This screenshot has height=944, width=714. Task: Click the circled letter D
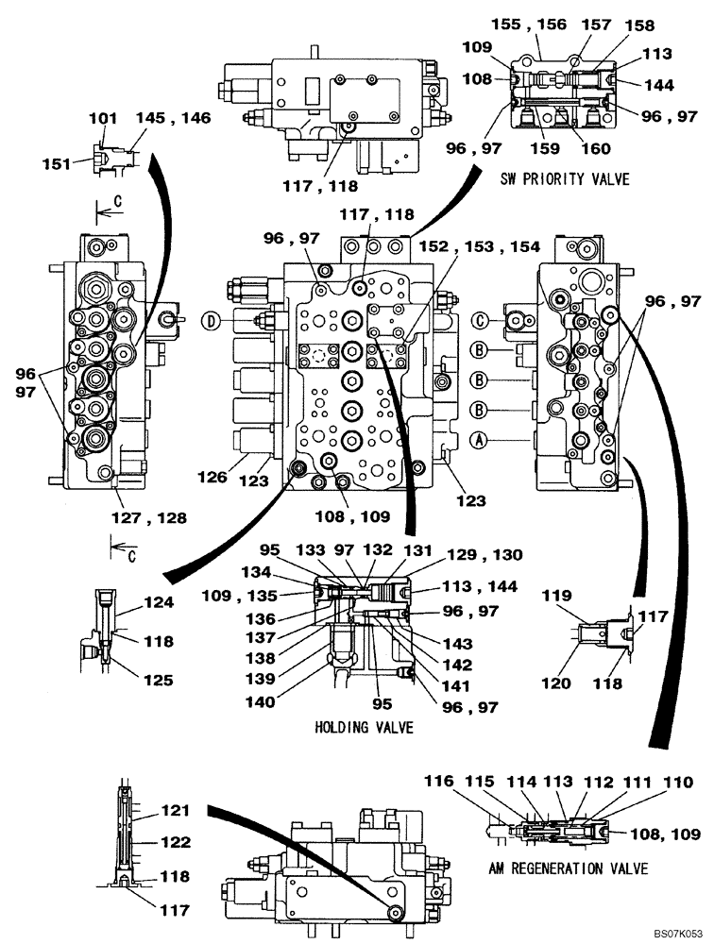[212, 321]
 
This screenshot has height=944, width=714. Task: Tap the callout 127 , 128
[149, 517]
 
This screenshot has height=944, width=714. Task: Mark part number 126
[212, 477]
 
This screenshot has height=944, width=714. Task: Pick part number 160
[596, 148]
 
